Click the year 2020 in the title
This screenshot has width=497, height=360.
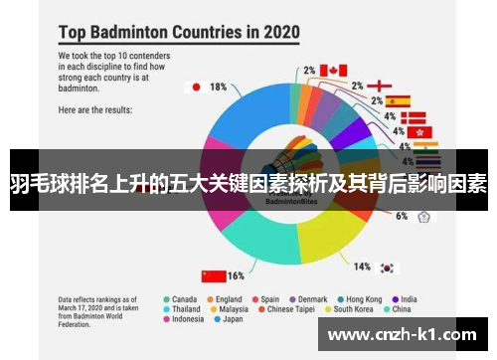coord(274,31)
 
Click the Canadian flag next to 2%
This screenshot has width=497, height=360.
coord(333,70)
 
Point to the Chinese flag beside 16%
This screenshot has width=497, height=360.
coord(212,275)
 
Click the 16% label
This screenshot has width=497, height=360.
coord(236,275)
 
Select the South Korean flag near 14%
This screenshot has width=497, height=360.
coord(387,267)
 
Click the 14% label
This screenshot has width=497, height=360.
coord(362,266)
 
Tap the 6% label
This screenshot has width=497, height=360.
coord(401,216)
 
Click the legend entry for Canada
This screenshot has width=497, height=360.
coord(183,298)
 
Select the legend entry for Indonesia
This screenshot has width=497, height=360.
coord(188,320)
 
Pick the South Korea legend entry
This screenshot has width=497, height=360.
coord(352,309)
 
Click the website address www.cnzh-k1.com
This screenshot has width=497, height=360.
coord(403,333)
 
